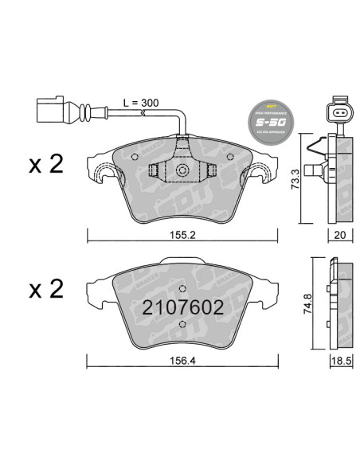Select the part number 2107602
coord(182,307)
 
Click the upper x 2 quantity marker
coord(45,165)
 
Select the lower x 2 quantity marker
coord(45,291)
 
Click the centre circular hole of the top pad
coord(182,170)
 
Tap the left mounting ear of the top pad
coord(104,172)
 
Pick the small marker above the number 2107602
coord(182,288)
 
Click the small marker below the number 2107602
coord(182,324)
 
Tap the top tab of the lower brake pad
coord(182,261)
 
